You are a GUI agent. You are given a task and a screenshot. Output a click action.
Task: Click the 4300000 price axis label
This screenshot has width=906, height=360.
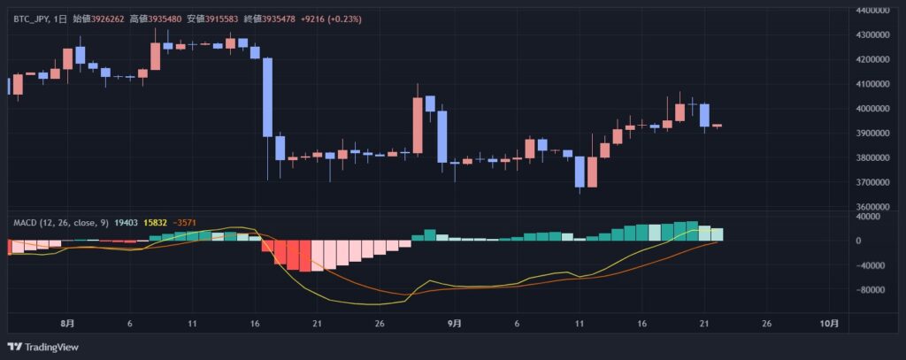[871, 34]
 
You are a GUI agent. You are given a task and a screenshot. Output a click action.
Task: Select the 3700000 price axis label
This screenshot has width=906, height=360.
[871, 182]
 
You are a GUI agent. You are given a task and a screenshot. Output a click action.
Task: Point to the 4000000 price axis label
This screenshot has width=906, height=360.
[871, 108]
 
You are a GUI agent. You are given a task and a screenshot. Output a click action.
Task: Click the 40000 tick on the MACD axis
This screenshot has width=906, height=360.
[872, 216]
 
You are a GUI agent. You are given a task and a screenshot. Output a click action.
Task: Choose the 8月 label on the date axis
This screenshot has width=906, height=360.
[68, 324]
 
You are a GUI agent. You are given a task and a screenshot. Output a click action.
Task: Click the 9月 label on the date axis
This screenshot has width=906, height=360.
[454, 324]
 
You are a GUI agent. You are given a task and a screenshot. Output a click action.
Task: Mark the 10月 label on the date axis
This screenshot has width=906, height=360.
[829, 324]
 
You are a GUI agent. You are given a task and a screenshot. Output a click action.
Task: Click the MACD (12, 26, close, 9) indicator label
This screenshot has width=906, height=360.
[60, 224]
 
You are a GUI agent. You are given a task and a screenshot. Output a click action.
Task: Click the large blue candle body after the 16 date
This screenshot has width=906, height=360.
[267, 97]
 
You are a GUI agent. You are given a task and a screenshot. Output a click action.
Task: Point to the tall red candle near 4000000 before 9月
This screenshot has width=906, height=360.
[418, 125]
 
